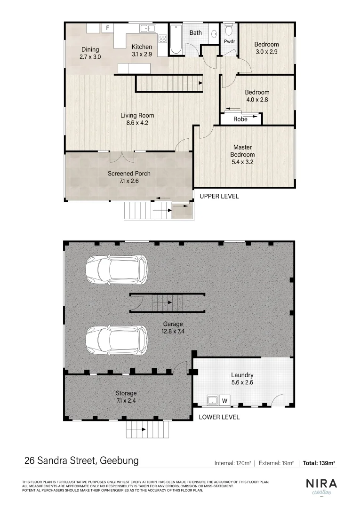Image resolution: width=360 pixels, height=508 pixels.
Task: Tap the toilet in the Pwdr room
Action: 229,31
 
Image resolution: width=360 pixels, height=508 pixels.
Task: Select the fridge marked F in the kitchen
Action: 108,28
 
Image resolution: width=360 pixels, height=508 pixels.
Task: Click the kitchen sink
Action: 147,29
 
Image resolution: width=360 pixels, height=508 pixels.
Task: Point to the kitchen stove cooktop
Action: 163,39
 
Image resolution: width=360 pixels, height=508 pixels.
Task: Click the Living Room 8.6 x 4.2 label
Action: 137,119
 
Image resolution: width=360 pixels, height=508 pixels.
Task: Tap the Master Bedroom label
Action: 242,154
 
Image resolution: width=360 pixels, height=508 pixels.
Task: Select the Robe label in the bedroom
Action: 240,119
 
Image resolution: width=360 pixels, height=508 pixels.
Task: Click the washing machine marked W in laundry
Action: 225,401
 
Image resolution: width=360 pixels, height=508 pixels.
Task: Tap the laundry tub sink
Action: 212,401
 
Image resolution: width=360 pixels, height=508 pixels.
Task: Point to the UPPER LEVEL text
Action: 219,196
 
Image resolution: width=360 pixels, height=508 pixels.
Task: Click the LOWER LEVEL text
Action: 219,417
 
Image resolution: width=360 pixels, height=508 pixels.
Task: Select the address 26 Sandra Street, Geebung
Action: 81,460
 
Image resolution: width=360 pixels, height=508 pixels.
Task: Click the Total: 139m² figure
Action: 319,463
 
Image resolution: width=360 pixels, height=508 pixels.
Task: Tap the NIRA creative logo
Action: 321,486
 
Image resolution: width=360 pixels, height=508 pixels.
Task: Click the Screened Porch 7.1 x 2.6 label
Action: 129,177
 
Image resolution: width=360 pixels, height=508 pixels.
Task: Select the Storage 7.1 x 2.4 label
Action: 126,397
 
